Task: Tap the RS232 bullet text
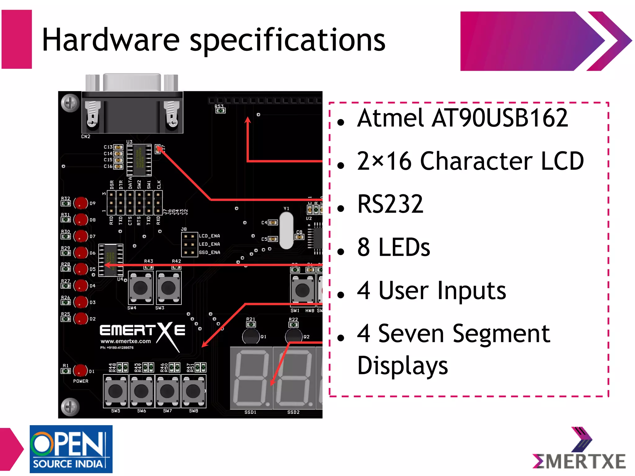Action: tap(390, 204)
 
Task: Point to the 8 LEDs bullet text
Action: tap(393, 247)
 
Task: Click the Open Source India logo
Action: tap(71, 449)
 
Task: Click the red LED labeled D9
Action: tap(81, 203)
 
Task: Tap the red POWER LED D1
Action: tap(80, 371)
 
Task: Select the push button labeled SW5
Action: tap(115, 391)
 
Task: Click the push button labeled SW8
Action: tap(193, 391)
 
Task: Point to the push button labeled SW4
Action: tap(140, 288)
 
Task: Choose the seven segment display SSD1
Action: tap(251, 378)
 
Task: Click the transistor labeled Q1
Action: tap(251, 337)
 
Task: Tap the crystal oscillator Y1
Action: tap(286, 230)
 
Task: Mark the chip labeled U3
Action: tap(139, 160)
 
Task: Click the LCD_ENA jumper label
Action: tap(209, 236)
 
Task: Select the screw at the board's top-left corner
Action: tap(70, 103)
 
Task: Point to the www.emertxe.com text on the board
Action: tap(126, 341)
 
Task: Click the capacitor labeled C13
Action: tap(118, 147)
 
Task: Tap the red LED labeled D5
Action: tap(81, 269)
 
